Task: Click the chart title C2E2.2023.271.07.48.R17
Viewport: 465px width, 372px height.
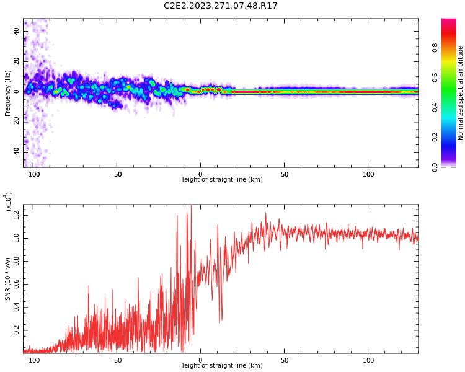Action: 221,6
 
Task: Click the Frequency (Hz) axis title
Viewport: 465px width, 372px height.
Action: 8,93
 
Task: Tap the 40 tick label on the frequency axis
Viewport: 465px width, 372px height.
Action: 16,31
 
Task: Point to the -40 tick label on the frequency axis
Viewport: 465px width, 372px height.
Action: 15,152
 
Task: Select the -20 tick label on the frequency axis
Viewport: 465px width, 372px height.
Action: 15,122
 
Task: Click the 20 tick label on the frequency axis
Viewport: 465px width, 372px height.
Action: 16,61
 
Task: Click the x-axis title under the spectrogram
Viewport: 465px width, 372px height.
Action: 221,180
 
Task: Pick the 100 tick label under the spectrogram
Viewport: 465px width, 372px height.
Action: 368,174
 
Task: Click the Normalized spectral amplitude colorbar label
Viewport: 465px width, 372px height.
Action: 461,93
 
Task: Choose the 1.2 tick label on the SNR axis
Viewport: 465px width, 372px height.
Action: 16,215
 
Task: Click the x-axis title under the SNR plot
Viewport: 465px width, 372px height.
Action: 221,366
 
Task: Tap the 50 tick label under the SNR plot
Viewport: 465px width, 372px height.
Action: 284,360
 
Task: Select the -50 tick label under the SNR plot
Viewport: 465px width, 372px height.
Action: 116,360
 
